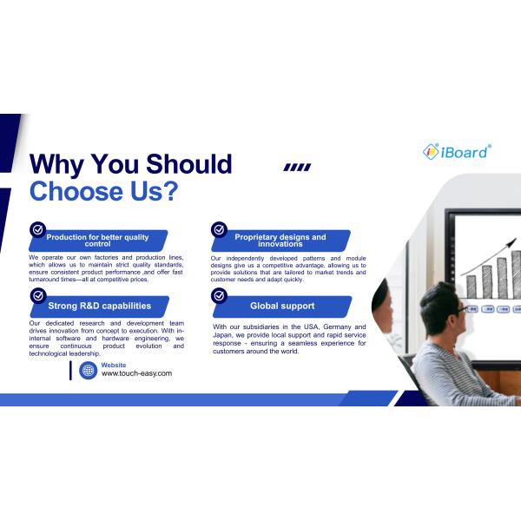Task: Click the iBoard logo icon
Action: tap(431, 151)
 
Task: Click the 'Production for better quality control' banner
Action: tap(97, 241)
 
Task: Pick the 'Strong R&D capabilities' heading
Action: tap(99, 306)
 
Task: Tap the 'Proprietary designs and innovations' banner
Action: tap(280, 241)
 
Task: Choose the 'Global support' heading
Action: tap(282, 306)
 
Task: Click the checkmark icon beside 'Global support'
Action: tap(219, 295)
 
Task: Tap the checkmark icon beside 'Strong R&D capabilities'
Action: tap(37, 295)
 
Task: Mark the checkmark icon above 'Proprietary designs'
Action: tap(219, 229)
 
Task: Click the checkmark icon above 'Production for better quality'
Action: tap(37, 229)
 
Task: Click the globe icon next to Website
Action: tap(88, 371)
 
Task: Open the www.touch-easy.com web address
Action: tap(136, 373)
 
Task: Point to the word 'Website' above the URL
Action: tap(114, 365)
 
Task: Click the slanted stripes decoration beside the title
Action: tap(297, 168)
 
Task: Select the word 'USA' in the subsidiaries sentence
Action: tap(306, 327)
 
